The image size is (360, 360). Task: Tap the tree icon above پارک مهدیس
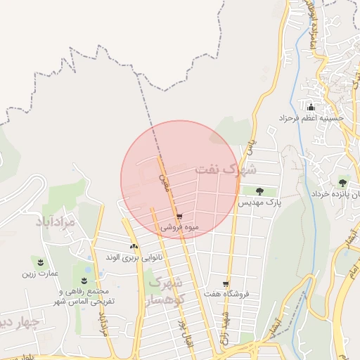(x=259, y=191)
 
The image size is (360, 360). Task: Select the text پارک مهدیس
(x=259, y=202)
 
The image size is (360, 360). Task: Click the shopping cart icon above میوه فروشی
(x=180, y=217)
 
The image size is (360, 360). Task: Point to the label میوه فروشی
(x=180, y=228)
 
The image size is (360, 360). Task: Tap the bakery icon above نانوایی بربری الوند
(x=134, y=246)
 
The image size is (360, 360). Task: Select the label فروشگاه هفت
(x=224, y=293)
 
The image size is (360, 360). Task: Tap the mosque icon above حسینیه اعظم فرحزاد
(x=311, y=108)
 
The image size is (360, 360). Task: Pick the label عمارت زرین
(x=39, y=274)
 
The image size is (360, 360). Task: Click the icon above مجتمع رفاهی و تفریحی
(x=84, y=281)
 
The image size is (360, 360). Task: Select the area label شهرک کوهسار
(x=167, y=291)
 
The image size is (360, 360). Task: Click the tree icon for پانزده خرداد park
(x=344, y=181)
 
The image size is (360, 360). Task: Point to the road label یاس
(x=248, y=146)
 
